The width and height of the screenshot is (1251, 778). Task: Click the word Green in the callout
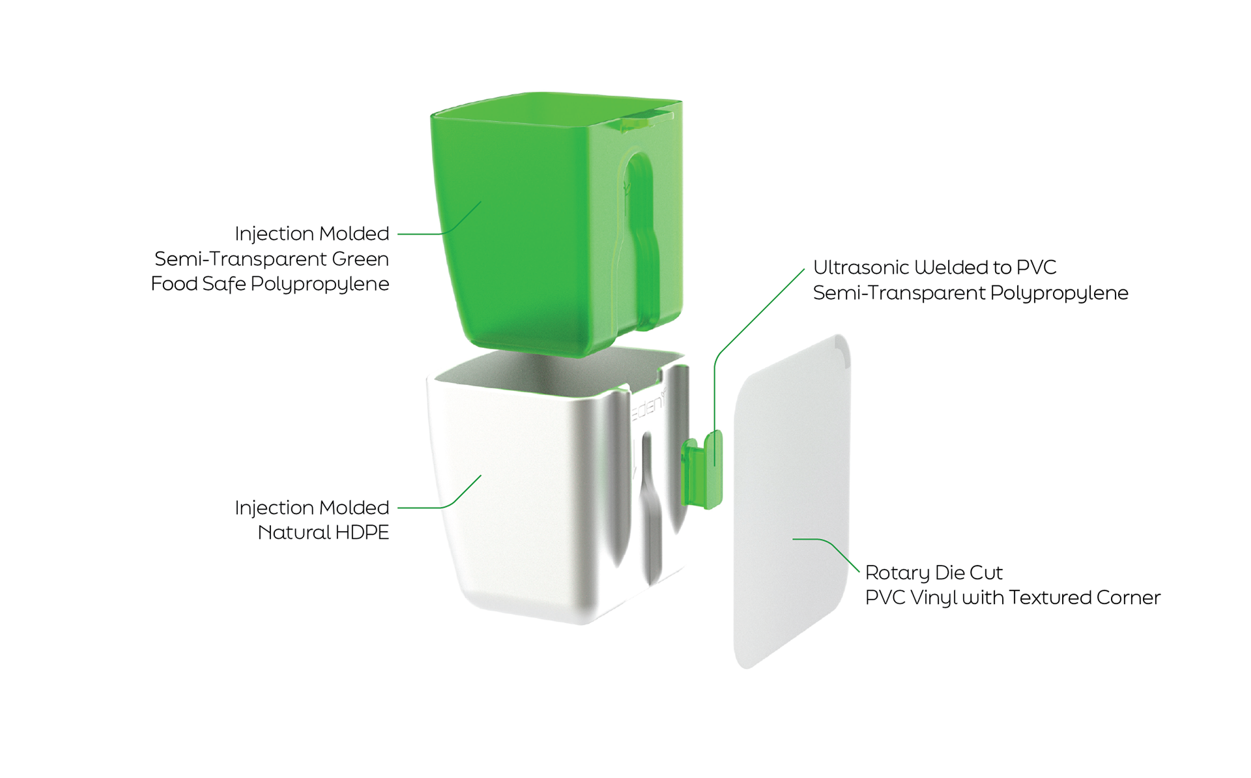pyautogui.click(x=360, y=259)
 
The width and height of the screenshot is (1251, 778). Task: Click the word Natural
pyautogui.click(x=294, y=533)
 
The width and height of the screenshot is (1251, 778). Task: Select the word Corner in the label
pyautogui.click(x=1128, y=598)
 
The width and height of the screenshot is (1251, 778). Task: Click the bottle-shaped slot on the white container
pyautogui.click(x=649, y=508)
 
